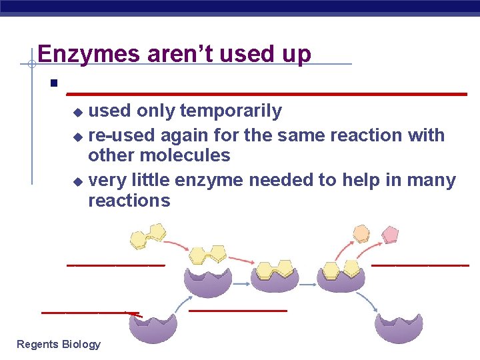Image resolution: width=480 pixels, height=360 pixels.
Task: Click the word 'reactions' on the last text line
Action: coord(129,201)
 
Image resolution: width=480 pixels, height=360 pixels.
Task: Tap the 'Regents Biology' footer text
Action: coord(59,344)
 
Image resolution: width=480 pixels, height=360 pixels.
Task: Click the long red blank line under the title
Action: coord(267,94)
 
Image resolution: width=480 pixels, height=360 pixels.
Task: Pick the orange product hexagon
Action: coord(361,233)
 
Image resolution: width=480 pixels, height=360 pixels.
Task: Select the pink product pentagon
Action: coord(389,235)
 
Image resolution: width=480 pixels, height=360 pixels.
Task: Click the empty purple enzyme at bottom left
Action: coord(153,327)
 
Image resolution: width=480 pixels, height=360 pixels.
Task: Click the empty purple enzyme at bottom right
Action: coord(398,327)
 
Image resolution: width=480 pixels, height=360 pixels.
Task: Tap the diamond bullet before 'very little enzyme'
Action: coord(77,181)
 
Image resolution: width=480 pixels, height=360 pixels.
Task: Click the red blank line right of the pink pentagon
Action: coord(420,265)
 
